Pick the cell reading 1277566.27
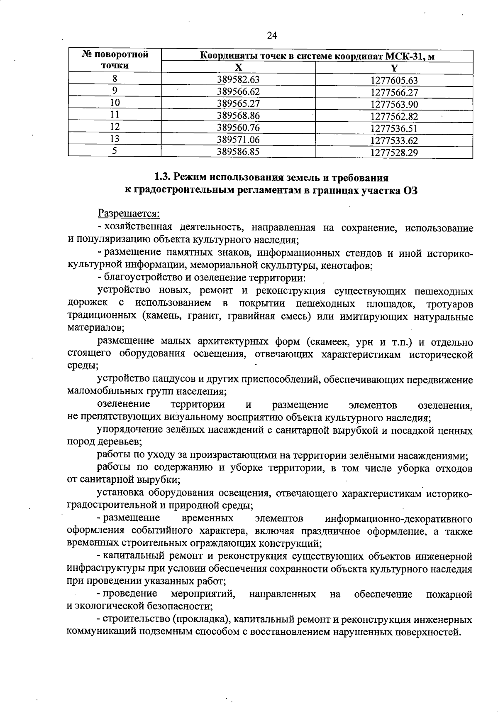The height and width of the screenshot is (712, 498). click(x=394, y=93)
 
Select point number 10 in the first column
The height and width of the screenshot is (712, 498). click(x=115, y=103)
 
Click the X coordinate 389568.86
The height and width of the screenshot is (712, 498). click(x=238, y=116)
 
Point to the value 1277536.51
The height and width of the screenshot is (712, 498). click(x=394, y=128)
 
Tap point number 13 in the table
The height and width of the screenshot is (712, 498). click(x=115, y=140)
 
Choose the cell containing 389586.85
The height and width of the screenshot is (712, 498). click(x=238, y=152)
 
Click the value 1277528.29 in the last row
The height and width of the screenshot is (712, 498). click(x=394, y=153)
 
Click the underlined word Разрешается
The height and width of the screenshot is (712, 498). click(x=129, y=214)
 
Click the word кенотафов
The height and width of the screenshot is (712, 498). click(x=348, y=265)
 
